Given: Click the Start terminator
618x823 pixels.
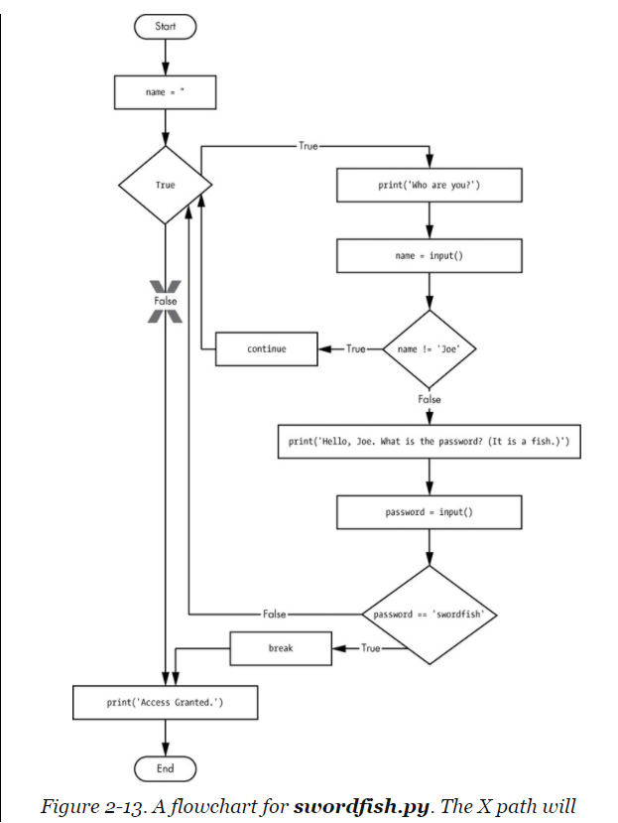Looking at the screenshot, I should click(x=166, y=27).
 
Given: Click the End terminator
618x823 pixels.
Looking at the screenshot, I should click(x=166, y=768).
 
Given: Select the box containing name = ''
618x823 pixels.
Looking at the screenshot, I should click(x=166, y=93).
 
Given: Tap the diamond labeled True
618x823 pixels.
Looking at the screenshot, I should click(x=166, y=186).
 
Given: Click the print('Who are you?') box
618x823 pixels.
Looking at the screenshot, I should click(x=430, y=186).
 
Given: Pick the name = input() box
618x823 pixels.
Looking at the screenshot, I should click(x=430, y=255).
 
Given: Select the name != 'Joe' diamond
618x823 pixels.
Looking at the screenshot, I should click(x=430, y=348).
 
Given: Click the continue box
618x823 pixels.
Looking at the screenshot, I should click(x=266, y=348).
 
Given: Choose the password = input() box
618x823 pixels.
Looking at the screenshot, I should click(x=430, y=512).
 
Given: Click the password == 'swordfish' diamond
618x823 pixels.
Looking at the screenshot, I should click(x=430, y=615).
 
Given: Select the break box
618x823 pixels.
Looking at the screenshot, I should click(x=280, y=648).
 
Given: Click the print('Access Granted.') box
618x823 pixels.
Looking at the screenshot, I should click(x=166, y=703).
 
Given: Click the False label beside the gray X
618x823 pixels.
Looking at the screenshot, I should click(x=166, y=299).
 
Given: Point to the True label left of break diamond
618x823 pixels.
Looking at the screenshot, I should click(x=370, y=648).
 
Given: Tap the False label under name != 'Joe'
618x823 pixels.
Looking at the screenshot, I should click(x=430, y=399).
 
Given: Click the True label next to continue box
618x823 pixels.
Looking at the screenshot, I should click(x=355, y=348).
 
